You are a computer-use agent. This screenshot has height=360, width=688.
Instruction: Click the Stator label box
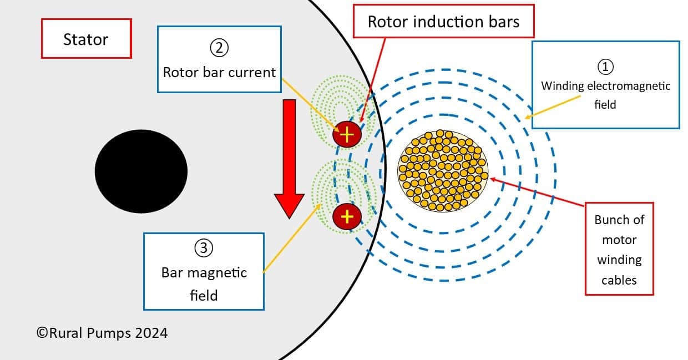click(x=86, y=39)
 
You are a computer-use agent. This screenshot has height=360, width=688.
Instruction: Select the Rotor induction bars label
click(x=444, y=22)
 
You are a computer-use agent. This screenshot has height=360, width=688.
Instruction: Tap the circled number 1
click(x=605, y=67)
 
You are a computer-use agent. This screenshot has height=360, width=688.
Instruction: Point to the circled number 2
click(x=219, y=48)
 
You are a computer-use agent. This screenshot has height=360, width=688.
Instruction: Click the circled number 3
click(x=203, y=248)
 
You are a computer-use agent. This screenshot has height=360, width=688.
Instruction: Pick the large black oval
click(x=141, y=171)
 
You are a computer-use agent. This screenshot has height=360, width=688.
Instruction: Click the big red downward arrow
click(x=289, y=158)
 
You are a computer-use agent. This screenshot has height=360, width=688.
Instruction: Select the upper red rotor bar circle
click(x=347, y=134)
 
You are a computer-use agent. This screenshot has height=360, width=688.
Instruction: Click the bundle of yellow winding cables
click(x=443, y=170)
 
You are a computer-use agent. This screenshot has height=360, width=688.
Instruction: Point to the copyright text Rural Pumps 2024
click(x=102, y=333)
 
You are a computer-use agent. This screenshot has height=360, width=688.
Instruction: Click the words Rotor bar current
click(x=219, y=72)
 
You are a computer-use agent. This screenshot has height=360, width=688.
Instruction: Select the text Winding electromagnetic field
click(x=605, y=94)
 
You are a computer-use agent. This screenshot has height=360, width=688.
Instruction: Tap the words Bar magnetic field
click(x=204, y=283)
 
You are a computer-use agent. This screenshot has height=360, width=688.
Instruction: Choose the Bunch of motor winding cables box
click(x=619, y=249)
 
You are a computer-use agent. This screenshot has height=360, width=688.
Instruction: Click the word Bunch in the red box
click(x=619, y=220)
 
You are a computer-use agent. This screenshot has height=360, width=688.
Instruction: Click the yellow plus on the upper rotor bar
click(x=347, y=134)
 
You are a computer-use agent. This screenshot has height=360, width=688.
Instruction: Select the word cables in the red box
click(x=619, y=280)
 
